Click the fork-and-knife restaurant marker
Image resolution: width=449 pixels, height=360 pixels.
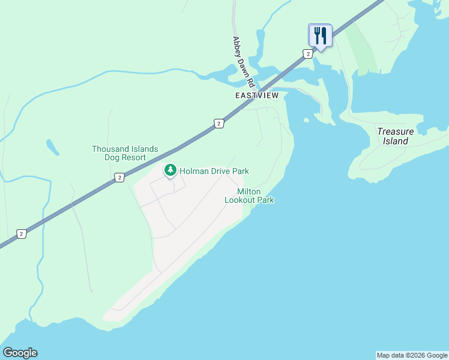tap(320, 35)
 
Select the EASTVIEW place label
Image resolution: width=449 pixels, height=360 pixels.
tap(257, 95)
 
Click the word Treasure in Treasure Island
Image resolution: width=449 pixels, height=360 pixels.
tap(395, 132)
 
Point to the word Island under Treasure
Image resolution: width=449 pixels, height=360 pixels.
tap(396, 142)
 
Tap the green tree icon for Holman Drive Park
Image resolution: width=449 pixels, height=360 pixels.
tap(170, 171)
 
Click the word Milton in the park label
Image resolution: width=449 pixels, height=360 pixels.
tap(249, 191)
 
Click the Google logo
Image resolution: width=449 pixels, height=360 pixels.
tap(20, 353)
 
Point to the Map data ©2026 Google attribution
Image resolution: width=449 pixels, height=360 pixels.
tap(412, 355)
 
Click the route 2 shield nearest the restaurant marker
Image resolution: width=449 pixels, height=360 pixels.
tap(307, 54)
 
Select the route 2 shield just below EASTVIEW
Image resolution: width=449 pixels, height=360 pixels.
tap(219, 124)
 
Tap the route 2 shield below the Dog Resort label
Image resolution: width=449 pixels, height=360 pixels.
tap(119, 177)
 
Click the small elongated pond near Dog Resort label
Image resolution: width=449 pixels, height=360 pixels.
tap(52, 147)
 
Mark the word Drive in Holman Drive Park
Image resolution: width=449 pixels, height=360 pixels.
tap(223, 171)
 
